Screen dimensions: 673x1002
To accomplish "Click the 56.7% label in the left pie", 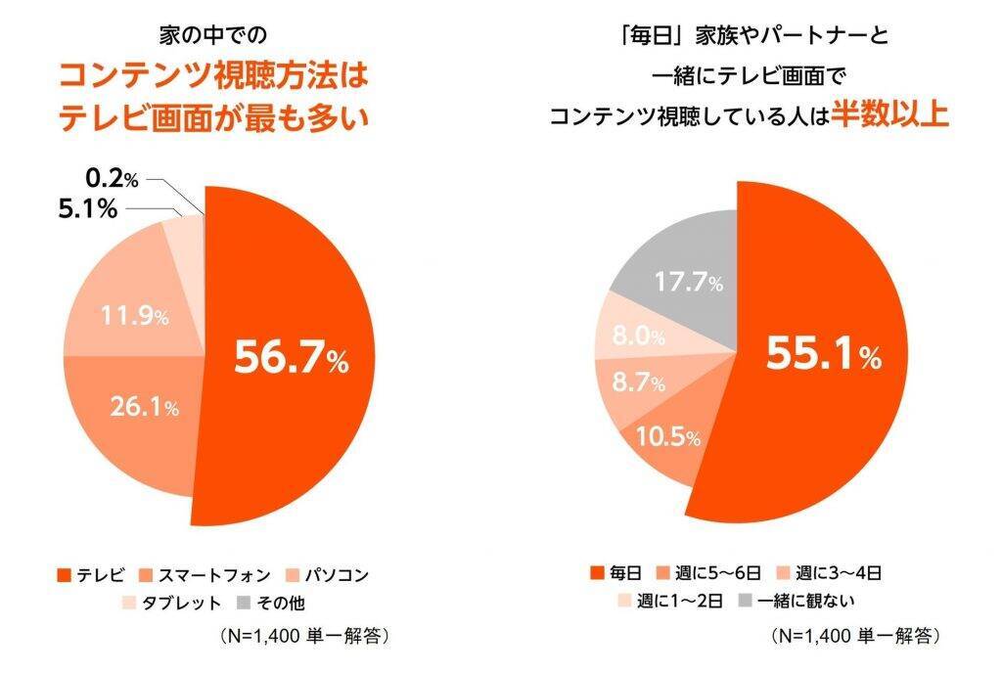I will pos(291,359).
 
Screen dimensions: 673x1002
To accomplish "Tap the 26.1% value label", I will pos(143,407).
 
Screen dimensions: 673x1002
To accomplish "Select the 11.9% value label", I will pos(135,317).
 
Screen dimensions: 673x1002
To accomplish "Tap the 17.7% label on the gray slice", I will pos(689,284).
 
